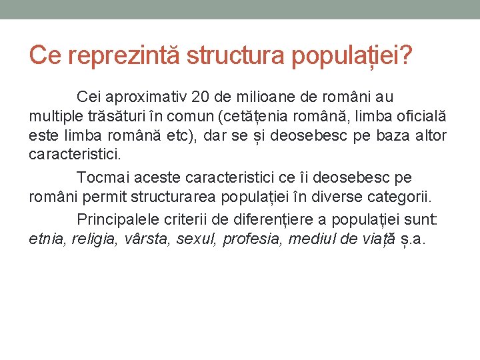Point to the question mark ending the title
[x=404, y=57]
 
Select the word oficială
[x=417, y=117]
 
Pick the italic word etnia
[x=45, y=239]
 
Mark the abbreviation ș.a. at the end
[x=414, y=239]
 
